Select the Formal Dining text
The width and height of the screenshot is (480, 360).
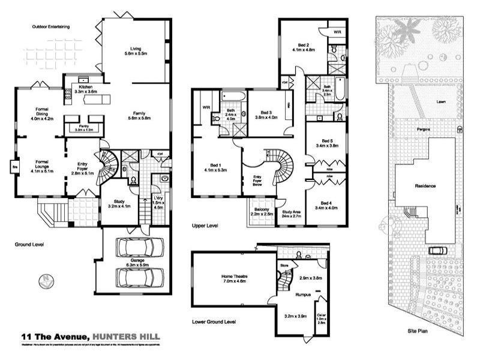[x=41, y=115]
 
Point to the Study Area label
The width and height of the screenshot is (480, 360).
[x=291, y=213]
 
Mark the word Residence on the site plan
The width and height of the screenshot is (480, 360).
[x=425, y=186]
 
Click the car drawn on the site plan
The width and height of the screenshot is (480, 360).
[x=437, y=250]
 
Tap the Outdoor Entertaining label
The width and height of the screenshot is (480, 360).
[x=51, y=26]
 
